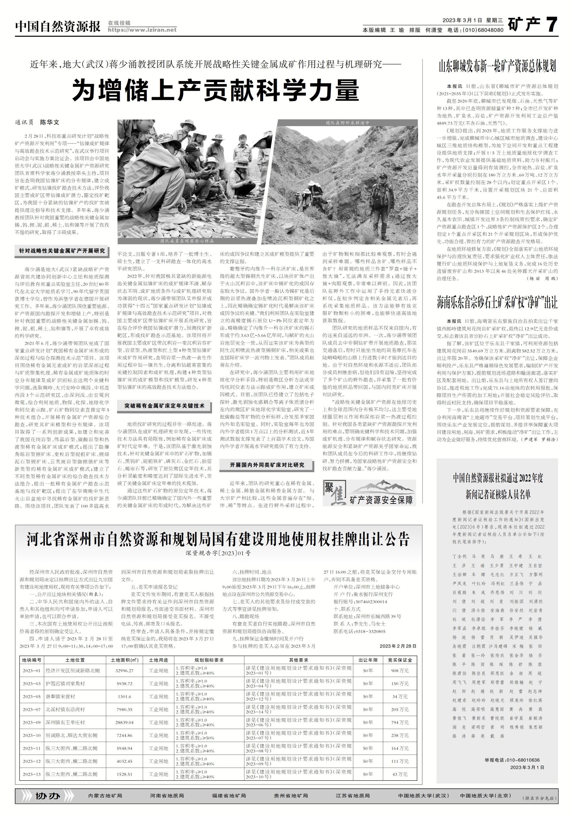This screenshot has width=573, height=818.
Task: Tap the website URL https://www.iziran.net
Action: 142,30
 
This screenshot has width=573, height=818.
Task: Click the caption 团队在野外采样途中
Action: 347,123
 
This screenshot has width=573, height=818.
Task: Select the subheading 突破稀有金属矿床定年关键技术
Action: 164,405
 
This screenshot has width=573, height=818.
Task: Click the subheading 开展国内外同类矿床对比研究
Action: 267,465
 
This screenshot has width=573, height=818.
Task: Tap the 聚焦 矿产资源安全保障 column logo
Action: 369,493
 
